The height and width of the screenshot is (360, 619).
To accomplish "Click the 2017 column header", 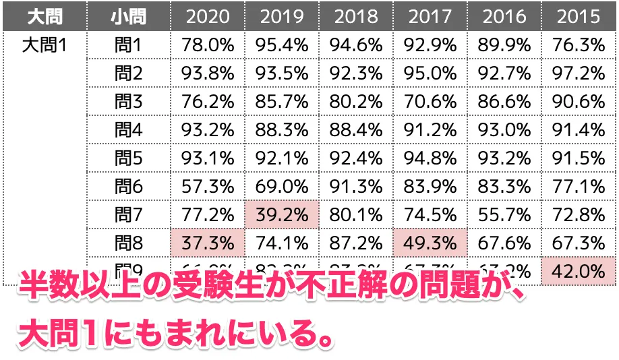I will point(430,16).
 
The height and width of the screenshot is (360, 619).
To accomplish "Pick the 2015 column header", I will point(578,16).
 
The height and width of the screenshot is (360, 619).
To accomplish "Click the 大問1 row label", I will point(44,46).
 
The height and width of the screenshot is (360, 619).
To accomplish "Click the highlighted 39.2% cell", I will point(281,215).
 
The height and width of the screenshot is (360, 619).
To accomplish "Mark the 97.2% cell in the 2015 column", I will point(578,73).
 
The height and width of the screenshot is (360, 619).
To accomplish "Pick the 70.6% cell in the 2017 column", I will point(430,102).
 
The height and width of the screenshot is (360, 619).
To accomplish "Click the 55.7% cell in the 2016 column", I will point(504,215).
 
